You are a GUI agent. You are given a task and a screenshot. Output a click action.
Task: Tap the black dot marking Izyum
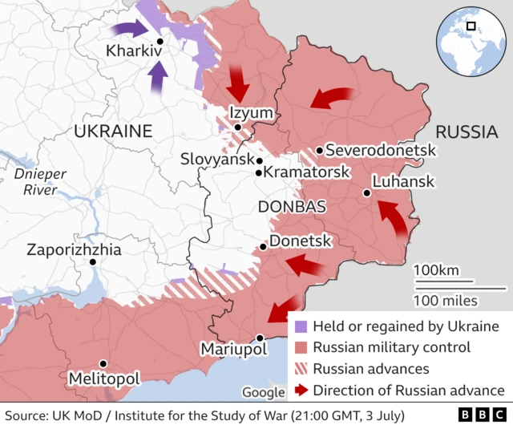[x=237, y=127]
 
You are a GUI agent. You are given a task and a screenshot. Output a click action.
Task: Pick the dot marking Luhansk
[x=366, y=192]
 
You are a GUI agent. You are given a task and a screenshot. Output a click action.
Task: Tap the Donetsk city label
[x=301, y=241]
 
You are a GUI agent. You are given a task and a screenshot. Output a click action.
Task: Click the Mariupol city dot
[x=260, y=338]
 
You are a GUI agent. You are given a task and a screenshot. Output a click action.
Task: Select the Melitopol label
[x=104, y=378]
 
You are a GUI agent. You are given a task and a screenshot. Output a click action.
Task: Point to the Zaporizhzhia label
[x=74, y=249]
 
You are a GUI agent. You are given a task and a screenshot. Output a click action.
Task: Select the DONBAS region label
[x=292, y=207]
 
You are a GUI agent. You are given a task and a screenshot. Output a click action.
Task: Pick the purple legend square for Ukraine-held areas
[x=301, y=327]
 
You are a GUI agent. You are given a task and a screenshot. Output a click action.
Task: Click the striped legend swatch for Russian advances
[x=301, y=370]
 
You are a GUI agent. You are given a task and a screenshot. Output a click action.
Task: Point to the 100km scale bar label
[x=437, y=269]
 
